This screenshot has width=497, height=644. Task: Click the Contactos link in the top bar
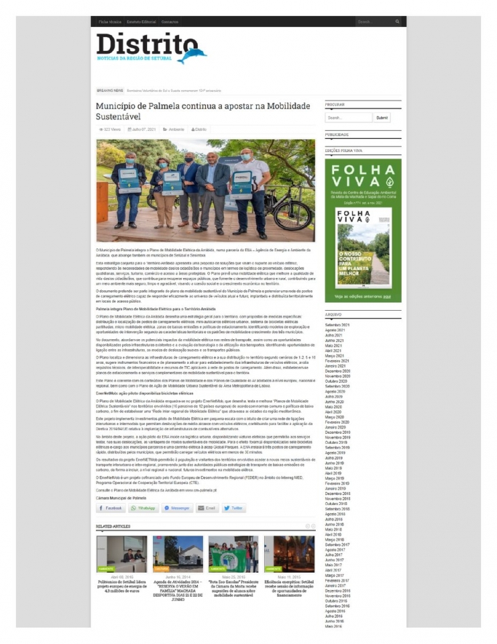[x=170, y=22]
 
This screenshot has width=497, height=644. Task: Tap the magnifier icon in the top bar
[x=397, y=22]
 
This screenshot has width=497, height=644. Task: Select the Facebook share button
[x=111, y=508]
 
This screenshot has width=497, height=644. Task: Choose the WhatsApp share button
[x=144, y=508]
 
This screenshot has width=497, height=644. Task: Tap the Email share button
[x=206, y=508]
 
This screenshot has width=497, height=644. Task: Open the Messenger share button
[x=175, y=508]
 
